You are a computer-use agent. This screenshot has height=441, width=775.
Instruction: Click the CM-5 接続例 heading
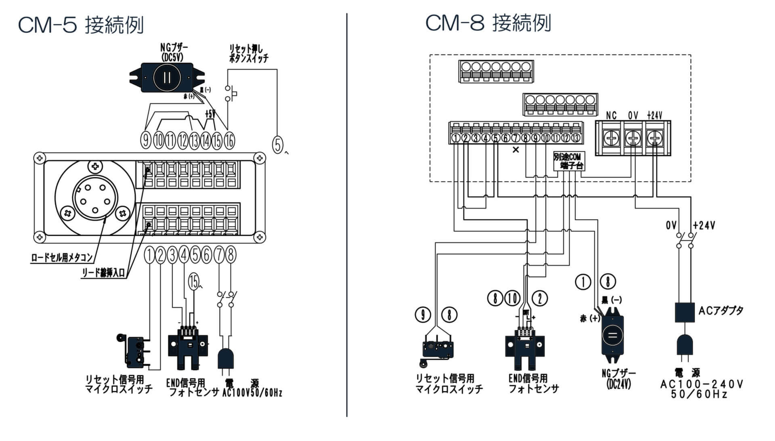pos(81,25)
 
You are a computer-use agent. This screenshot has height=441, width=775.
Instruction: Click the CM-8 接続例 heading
pos(488,23)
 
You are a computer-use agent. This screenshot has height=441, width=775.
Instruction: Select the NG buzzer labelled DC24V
pos(612,336)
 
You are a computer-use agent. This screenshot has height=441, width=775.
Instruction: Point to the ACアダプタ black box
pos(685,312)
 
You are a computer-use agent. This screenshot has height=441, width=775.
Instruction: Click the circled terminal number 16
pos(229,141)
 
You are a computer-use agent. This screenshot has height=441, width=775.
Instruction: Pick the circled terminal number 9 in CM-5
pos(145,141)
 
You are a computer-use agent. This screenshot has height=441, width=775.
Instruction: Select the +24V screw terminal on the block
pos(654,139)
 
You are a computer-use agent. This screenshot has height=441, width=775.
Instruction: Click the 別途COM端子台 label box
pos(568,161)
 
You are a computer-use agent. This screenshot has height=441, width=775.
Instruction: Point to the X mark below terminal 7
pos(515,150)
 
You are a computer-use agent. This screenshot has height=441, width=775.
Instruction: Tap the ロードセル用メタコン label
pos(62,258)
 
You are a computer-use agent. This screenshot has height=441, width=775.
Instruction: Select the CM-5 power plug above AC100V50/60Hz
pos(226,361)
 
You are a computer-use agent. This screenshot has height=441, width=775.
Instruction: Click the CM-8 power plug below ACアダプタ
pos(685,347)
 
